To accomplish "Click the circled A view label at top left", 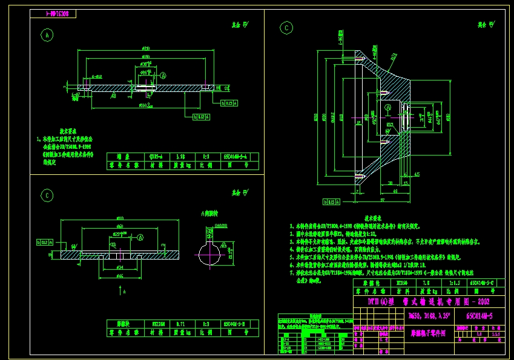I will tap(47, 35).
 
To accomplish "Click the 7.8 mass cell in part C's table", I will tap(427, 283).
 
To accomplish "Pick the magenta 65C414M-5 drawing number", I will tap(479, 316).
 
